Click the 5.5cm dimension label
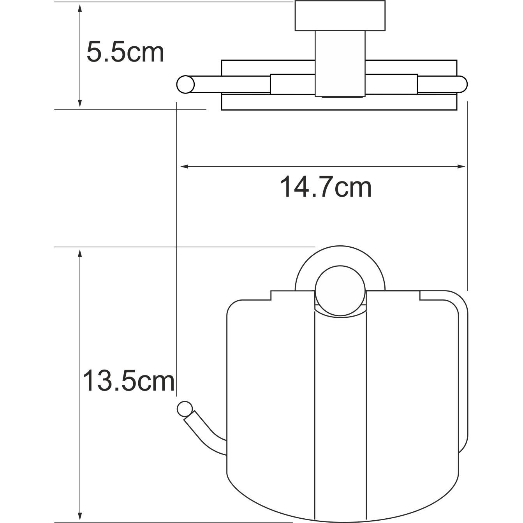[x=125, y=53]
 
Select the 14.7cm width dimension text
[x=326, y=187]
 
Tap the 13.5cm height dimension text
[x=129, y=381]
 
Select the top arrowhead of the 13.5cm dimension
[x=80, y=253]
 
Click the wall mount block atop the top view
[x=340, y=16]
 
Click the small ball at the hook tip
[x=184, y=409]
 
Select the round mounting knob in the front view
[x=340, y=291]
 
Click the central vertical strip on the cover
[x=340, y=409]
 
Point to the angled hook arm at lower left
[x=204, y=434]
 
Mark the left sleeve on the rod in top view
[x=292, y=84]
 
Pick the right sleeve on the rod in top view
[x=391, y=84]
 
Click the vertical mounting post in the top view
[x=340, y=64]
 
